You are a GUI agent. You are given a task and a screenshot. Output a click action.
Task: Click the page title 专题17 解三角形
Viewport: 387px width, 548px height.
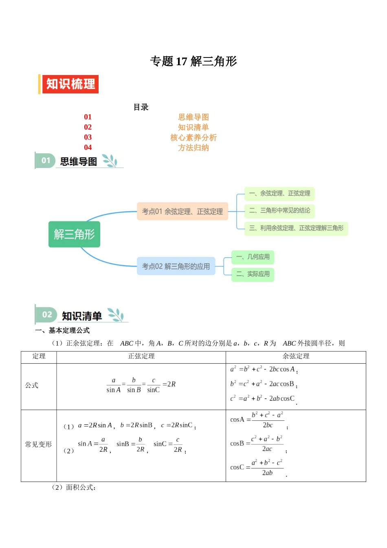pyautogui.click(x=193, y=61)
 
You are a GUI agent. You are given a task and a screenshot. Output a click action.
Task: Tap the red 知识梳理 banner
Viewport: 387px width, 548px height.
pyautogui.click(x=70, y=84)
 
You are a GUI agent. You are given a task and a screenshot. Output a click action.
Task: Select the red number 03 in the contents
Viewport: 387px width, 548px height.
pyautogui.click(x=88, y=137)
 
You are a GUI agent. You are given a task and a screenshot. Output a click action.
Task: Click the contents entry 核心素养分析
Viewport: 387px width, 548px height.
pyautogui.click(x=193, y=137)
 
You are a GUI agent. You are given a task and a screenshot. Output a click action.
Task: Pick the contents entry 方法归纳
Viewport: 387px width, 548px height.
pyautogui.click(x=193, y=148)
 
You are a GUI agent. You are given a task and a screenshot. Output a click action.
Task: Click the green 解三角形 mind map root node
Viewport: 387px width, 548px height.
pyautogui.click(x=74, y=234)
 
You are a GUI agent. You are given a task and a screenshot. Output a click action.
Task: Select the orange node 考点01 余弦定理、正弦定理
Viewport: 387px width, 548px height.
pyautogui.click(x=183, y=211)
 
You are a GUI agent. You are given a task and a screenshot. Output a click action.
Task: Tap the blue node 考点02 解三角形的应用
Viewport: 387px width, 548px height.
pyautogui.click(x=176, y=266)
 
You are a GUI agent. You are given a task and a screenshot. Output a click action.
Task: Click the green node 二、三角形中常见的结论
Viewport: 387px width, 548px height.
pyautogui.click(x=279, y=210)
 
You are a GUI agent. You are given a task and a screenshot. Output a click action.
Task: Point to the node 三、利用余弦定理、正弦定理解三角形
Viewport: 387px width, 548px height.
pyautogui.click(x=296, y=228)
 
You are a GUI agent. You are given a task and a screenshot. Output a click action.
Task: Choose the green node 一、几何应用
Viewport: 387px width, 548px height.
pyautogui.click(x=253, y=257)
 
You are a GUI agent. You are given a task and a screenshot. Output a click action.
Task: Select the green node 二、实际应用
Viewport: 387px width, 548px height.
pyautogui.click(x=253, y=274)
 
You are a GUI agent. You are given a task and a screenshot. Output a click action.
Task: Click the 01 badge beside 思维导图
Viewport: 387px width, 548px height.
pyautogui.click(x=46, y=161)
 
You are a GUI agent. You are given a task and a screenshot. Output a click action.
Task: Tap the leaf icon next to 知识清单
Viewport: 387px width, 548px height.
pyautogui.click(x=115, y=315)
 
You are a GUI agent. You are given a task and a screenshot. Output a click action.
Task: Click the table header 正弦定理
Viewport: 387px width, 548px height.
pyautogui.click(x=141, y=356)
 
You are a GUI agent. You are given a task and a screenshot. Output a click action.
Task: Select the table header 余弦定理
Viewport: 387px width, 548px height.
pyautogui.click(x=296, y=356)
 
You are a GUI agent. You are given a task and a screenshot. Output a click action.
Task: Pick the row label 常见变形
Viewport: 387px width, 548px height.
pyautogui.click(x=38, y=444)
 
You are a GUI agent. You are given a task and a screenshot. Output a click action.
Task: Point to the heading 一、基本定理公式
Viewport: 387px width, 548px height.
pyautogui.click(x=62, y=330)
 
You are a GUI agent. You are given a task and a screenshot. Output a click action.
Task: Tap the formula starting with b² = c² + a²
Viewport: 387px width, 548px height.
pyautogui.click(x=263, y=384)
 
